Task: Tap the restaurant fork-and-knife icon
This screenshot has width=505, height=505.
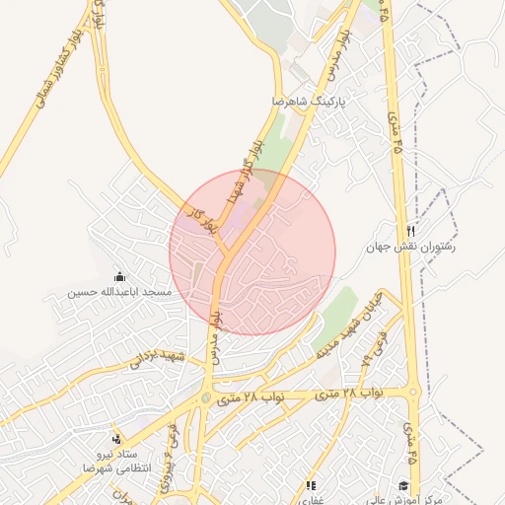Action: point(410,230)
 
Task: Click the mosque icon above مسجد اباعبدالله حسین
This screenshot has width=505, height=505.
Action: point(120,276)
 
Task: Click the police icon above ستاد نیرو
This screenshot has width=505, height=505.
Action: point(117,438)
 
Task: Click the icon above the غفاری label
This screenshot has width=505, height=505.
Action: point(312,485)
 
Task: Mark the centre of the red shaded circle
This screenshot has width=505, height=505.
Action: point(252,252)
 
